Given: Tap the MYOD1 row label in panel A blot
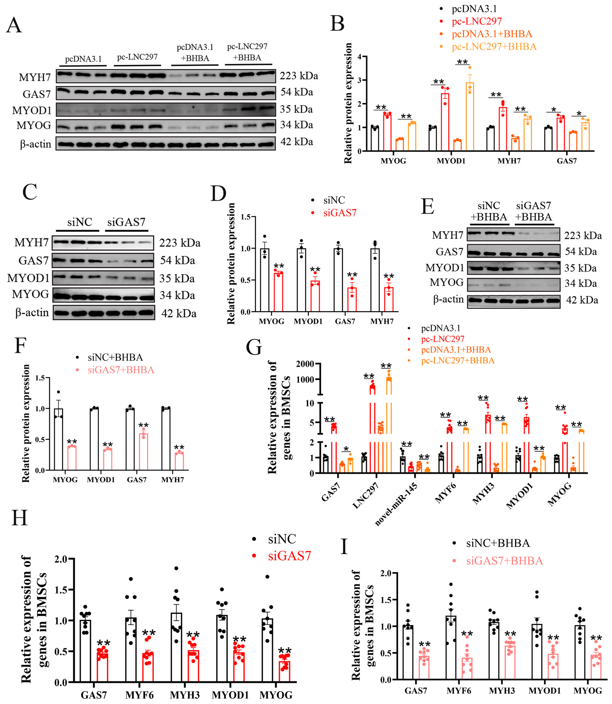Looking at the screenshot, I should click(32, 110).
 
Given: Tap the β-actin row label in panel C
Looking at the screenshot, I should click(32, 313).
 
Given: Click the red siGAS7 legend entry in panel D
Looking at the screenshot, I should click(339, 213).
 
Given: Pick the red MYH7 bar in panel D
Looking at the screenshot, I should click(389, 299).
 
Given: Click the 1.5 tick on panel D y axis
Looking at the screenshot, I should click(246, 217).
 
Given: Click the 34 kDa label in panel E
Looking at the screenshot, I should click(581, 283).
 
